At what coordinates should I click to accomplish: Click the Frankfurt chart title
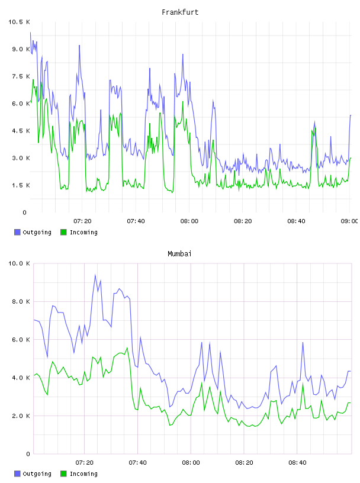tap(180, 12)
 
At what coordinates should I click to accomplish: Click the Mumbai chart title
tap(179, 254)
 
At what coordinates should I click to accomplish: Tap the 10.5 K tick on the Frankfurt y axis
tap(19, 22)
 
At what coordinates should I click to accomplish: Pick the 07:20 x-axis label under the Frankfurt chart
tap(82, 221)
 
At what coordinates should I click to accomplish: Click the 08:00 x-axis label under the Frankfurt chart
tap(189, 221)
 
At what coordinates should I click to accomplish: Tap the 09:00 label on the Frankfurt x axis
tap(350, 221)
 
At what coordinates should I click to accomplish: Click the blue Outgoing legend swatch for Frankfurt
tap(17, 232)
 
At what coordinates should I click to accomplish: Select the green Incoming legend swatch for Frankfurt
tap(63, 232)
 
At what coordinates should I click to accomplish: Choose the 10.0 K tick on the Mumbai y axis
tap(19, 263)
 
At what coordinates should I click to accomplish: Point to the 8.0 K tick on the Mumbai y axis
tap(21, 301)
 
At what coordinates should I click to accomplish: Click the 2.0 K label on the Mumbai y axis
tap(21, 416)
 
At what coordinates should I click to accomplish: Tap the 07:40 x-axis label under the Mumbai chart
tap(137, 463)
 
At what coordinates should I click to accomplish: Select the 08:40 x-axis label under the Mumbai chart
tap(297, 463)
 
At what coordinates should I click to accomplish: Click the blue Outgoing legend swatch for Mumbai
tap(17, 474)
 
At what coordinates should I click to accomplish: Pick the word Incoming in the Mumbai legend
tap(83, 474)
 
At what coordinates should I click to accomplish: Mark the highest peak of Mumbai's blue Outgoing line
tap(95, 275)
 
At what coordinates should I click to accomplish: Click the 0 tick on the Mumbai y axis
tap(28, 454)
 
